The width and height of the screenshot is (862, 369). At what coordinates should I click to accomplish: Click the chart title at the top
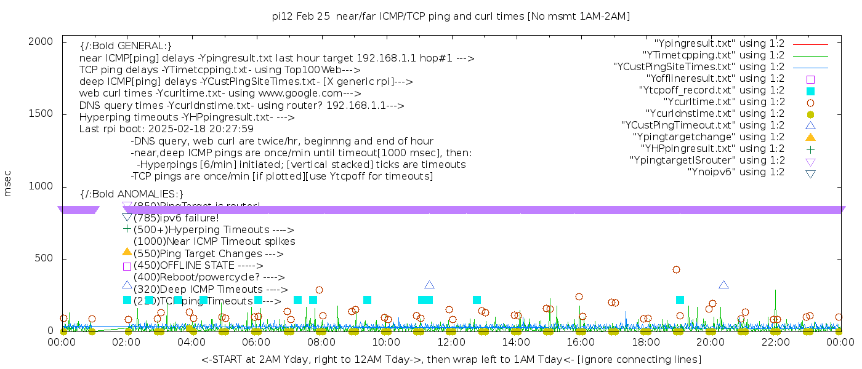click(x=451, y=16)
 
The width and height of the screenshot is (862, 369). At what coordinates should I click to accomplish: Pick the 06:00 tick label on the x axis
click(x=256, y=342)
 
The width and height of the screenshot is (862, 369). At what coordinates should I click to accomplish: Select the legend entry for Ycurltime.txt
click(x=723, y=102)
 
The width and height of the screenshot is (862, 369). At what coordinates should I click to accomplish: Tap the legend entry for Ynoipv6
click(x=736, y=172)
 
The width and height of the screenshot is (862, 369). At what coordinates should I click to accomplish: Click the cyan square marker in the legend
click(x=810, y=91)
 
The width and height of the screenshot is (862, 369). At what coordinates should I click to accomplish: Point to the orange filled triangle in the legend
click(x=810, y=137)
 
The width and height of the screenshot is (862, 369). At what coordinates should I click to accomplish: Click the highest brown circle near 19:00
click(x=676, y=269)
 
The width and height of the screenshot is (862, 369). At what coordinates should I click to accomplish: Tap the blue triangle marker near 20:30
click(x=723, y=285)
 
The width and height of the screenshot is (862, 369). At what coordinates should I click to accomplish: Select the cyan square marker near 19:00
click(x=680, y=300)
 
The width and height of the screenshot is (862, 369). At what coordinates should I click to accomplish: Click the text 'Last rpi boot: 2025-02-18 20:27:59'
click(x=166, y=129)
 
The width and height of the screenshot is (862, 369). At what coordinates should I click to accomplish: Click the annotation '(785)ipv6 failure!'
click(x=176, y=218)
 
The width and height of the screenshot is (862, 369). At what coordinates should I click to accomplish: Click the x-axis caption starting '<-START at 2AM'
click(x=451, y=359)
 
